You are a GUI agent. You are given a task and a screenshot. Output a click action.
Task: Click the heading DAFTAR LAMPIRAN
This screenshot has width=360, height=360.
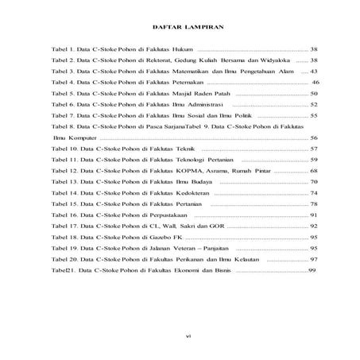[180, 27]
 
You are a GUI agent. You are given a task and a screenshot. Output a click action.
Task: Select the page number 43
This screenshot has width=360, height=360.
[314, 71]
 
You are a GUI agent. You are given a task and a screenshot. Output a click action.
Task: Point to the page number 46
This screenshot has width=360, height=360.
[315, 82]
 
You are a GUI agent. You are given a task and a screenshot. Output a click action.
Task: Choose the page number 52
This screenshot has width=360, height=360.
[314, 104]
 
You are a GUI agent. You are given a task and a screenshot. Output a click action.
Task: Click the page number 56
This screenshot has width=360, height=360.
[314, 137]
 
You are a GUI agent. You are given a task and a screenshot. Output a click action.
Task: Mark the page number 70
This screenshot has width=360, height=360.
[314, 182]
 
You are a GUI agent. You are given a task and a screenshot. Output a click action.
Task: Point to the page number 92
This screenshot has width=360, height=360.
[314, 226]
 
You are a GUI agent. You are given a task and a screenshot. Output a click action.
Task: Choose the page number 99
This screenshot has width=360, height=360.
[312, 271]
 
